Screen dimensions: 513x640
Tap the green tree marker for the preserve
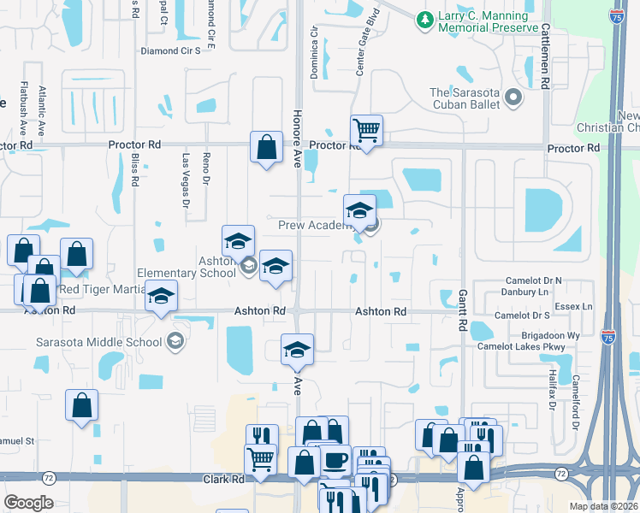[423, 18]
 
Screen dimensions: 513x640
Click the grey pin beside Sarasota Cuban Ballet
[513, 98]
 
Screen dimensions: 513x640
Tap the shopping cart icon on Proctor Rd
[366, 131]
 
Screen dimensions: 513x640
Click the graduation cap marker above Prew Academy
[359, 209]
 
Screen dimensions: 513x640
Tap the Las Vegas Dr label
[186, 180]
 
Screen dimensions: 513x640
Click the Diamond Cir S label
[170, 50]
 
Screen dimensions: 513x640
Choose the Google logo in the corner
[28, 503]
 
